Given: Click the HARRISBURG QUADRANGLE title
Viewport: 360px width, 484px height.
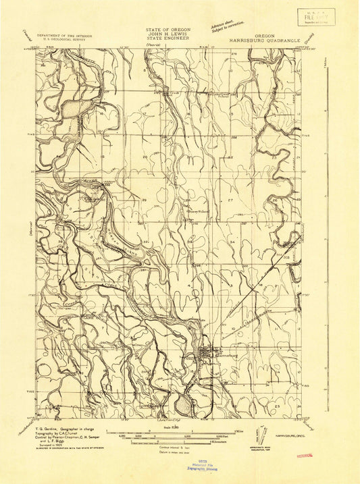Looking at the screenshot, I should (264, 38).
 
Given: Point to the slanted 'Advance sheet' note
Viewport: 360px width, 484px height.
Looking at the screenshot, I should (228, 26).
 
